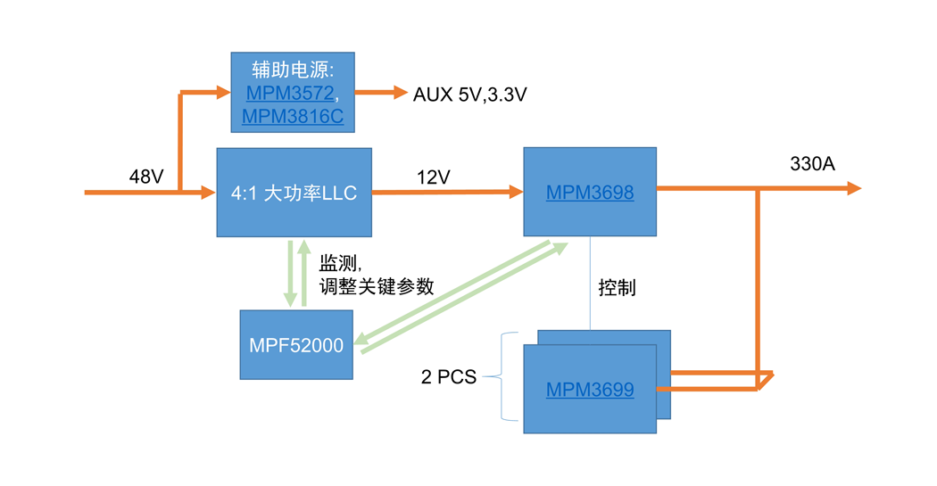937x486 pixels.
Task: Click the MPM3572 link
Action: [x=290, y=93]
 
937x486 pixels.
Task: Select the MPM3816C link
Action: [x=293, y=116]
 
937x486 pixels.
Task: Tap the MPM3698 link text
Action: [x=590, y=193]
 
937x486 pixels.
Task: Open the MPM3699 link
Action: [x=590, y=390]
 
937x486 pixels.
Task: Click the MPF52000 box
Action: [x=296, y=344]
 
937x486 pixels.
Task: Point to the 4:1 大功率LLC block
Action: [x=294, y=193]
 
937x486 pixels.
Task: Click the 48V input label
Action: [x=146, y=177]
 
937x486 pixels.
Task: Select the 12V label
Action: [x=433, y=177]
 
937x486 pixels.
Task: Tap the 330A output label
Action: [x=812, y=163]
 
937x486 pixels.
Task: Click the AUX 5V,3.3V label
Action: [x=469, y=95]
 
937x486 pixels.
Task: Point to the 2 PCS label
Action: [x=449, y=376]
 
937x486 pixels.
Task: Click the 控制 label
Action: [x=617, y=288]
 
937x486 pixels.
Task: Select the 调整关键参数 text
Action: [x=377, y=286]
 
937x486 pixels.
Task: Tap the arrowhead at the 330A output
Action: [x=854, y=189]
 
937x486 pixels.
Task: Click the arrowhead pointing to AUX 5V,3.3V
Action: [x=401, y=92]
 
